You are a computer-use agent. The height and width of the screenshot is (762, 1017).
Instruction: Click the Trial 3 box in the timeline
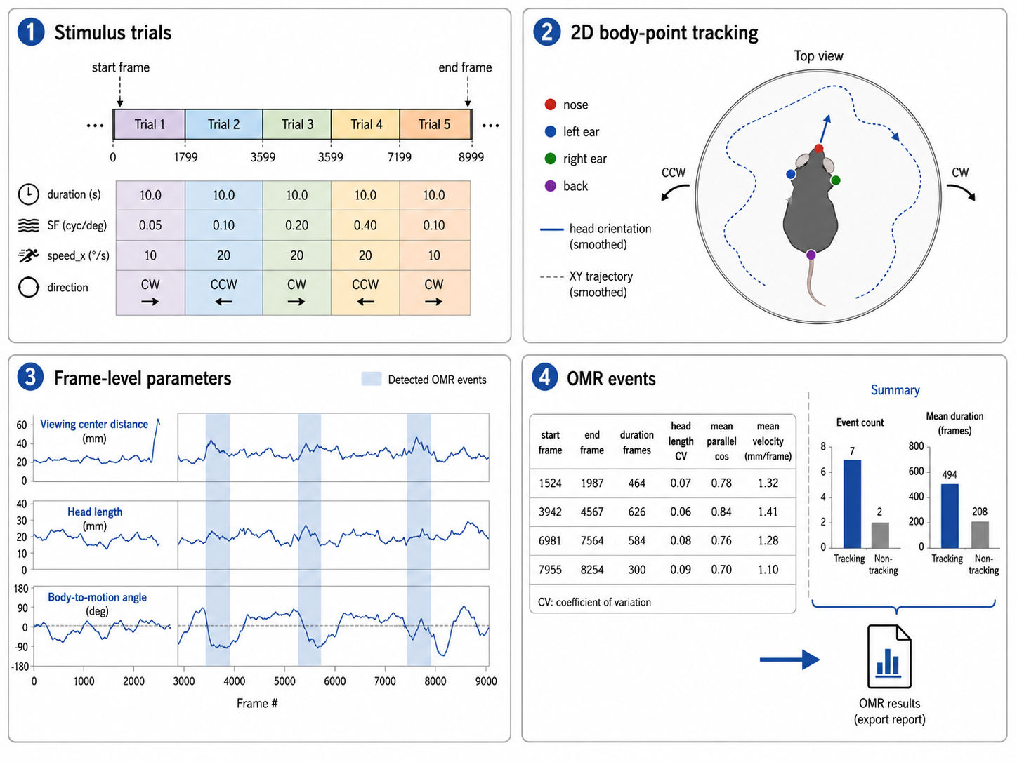[x=297, y=124]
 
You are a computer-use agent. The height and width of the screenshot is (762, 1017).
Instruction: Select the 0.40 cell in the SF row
[x=365, y=225]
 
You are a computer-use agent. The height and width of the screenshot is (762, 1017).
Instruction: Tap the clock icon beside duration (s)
[x=28, y=194]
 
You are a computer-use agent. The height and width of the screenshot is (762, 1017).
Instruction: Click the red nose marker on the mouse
[x=819, y=149]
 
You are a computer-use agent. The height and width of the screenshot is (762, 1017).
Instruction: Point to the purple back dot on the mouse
[x=811, y=255]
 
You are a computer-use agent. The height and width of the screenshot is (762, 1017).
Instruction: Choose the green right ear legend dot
[x=550, y=159]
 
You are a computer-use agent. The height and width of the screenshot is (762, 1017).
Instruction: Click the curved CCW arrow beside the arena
[x=674, y=191]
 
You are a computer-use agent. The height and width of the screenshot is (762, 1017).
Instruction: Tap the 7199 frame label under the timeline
[x=399, y=157]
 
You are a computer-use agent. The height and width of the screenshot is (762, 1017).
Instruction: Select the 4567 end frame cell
[x=591, y=512]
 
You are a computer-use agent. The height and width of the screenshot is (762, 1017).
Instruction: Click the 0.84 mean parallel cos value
[x=721, y=512]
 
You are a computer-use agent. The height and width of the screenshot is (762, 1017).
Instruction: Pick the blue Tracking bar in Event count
[x=852, y=504]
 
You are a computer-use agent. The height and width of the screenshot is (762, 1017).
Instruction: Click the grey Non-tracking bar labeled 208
[x=980, y=535]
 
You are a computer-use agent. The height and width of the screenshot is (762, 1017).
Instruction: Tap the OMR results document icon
[x=889, y=657]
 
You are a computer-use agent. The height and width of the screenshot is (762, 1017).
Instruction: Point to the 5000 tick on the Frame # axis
[x=284, y=681]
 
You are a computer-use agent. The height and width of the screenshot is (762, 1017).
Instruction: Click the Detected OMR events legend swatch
[x=371, y=378]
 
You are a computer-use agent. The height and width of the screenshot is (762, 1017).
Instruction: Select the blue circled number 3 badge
[x=30, y=377]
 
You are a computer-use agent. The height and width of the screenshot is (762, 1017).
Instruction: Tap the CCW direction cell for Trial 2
[x=224, y=293]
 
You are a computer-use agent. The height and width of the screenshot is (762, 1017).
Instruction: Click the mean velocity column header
[x=768, y=441]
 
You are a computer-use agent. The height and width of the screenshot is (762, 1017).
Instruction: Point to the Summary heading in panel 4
[x=895, y=390]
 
